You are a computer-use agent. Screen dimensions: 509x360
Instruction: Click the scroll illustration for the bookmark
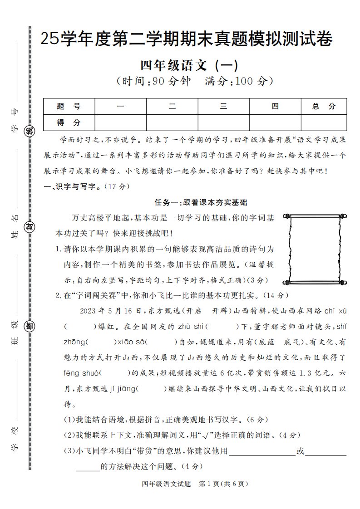(315, 249)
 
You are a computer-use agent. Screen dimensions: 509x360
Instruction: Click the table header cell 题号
(69, 107)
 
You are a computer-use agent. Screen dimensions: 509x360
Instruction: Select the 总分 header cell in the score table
(324, 107)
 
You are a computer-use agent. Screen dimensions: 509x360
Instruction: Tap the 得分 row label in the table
(69, 122)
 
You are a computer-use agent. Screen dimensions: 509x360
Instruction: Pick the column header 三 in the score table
(223, 107)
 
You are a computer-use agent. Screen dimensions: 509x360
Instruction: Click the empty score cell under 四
(275, 122)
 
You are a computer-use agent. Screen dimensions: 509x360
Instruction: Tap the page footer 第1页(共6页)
(223, 484)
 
